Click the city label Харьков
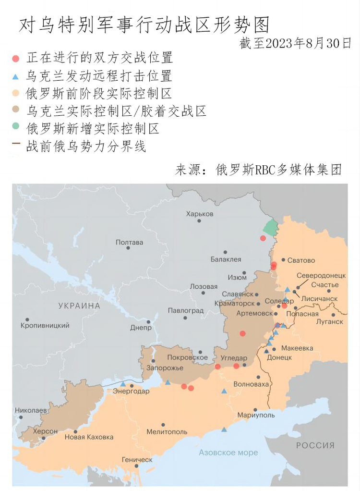pos(200,214)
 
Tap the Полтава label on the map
pos(129,242)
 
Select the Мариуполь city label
pos(256,415)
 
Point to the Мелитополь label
pos(167,432)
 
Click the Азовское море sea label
pos(228,453)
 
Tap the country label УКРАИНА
pos(79,306)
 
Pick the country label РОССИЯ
pos(315,445)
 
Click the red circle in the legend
pos(16,59)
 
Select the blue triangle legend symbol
pos(16,76)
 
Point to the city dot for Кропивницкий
pos(27,319)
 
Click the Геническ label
pos(137,460)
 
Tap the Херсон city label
pos(45,431)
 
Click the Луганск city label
pos(330,321)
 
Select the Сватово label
pos(301,260)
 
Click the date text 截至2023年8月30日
pos(296,43)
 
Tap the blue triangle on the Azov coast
pos(224,429)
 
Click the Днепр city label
pos(141,328)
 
